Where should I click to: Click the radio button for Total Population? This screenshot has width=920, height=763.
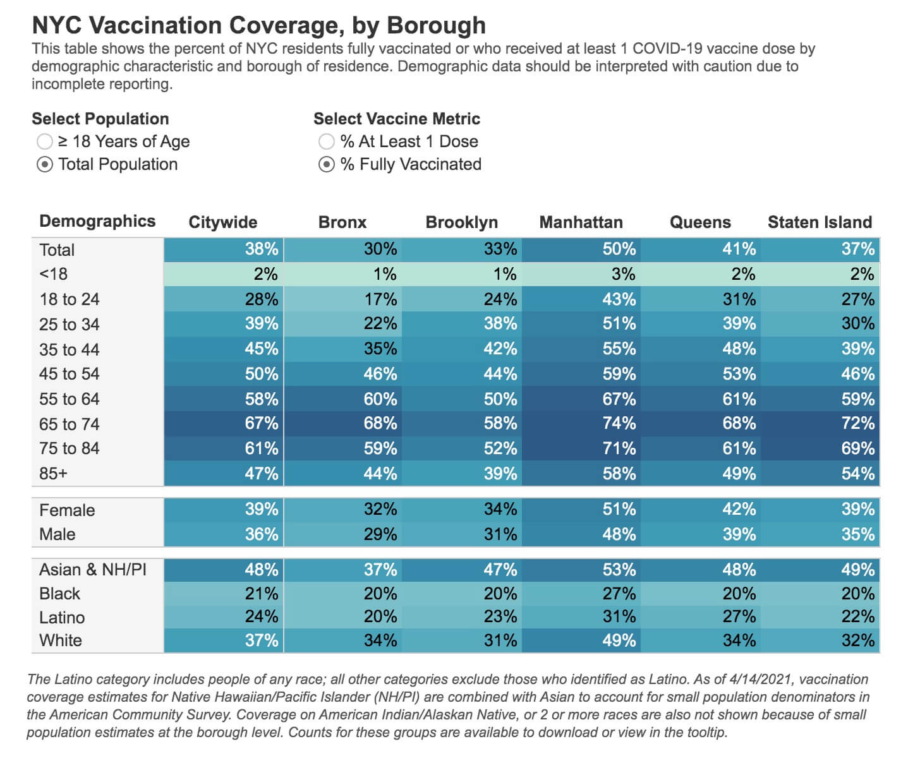pyautogui.click(x=44, y=165)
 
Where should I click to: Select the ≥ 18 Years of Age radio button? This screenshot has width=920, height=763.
pyautogui.click(x=44, y=142)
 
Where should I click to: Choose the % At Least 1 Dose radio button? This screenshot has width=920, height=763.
pyautogui.click(x=326, y=142)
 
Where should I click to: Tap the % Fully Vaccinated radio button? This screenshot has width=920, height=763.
pyautogui.click(x=326, y=165)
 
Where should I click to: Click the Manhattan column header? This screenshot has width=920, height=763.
pyautogui.click(x=581, y=222)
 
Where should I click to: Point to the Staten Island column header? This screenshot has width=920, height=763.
pyautogui.click(x=820, y=222)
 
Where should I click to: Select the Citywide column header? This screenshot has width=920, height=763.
pyautogui.click(x=223, y=222)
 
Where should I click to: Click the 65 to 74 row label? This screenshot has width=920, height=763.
pyautogui.click(x=69, y=424)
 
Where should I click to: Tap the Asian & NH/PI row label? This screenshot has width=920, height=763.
pyautogui.click(x=92, y=569)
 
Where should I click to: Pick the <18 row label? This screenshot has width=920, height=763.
pyautogui.click(x=53, y=274)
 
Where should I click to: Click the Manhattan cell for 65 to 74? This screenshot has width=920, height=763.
pyautogui.click(x=581, y=423)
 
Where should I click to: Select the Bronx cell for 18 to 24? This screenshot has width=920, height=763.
pyautogui.click(x=343, y=299)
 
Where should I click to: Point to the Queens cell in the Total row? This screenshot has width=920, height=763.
pyautogui.click(x=701, y=249)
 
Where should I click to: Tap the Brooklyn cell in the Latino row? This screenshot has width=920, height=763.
pyautogui.click(x=462, y=616)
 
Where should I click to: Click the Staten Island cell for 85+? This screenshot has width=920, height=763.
pyautogui.click(x=820, y=474)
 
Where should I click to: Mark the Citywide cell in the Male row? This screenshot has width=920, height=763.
pyautogui.click(x=224, y=534)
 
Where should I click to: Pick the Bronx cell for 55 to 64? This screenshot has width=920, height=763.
pyautogui.click(x=343, y=399)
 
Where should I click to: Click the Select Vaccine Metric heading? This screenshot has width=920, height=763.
pyautogui.click(x=397, y=119)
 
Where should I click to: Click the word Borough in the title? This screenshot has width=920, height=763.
pyautogui.click(x=436, y=25)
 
